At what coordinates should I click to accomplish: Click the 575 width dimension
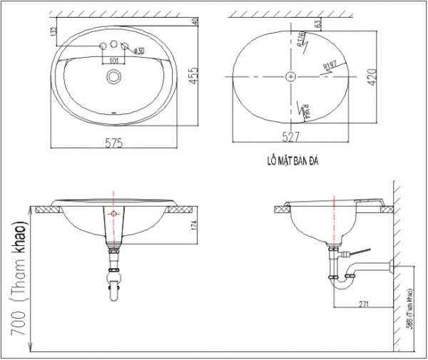[115, 143]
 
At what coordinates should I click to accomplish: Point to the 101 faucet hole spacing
[114, 61]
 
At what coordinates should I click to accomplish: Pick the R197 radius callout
[329, 66]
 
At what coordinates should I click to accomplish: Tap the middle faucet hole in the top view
[114, 46]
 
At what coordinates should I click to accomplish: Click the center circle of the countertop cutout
[291, 75]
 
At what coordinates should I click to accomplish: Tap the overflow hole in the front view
[113, 212]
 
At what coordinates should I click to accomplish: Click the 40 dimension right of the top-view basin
[195, 20]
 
